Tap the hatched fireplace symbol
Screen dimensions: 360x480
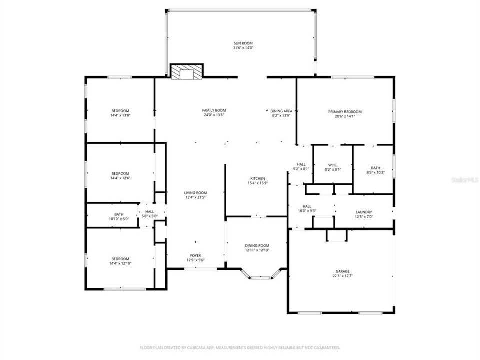click(x=187, y=72)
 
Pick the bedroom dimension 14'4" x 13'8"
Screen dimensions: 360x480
click(x=120, y=115)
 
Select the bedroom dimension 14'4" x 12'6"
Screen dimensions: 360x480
click(x=120, y=178)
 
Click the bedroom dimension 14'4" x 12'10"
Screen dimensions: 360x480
click(x=120, y=263)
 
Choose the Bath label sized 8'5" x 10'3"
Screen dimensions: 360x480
click(x=375, y=170)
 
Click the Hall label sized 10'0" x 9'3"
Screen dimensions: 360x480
click(x=306, y=208)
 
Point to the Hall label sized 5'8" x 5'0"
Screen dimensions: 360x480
click(x=150, y=214)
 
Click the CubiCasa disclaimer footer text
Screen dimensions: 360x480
click(x=240, y=347)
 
